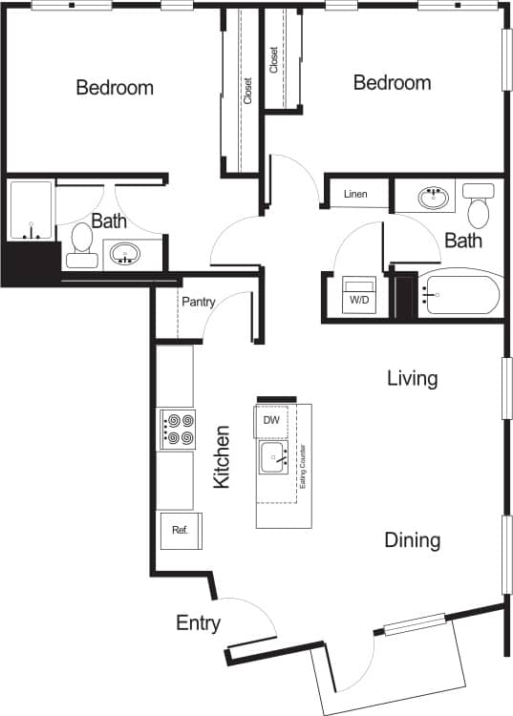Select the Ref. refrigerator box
point(179,531)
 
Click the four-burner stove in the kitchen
point(178,429)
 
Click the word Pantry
point(198,303)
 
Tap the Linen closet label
point(355,195)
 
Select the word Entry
point(199,623)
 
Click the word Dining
point(413,540)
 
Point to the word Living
point(413,378)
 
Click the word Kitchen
point(222,457)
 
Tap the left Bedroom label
point(115,88)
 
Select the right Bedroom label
point(392,83)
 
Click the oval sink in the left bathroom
point(124,254)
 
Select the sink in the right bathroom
point(434,199)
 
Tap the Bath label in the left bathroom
point(109,221)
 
